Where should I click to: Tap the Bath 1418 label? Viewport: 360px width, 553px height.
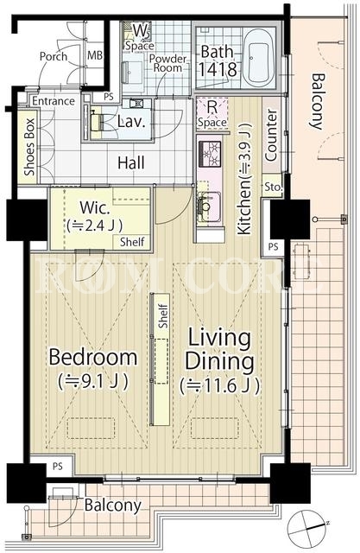pyautogui.click(x=218, y=61)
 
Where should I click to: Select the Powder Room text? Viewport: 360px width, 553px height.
pyautogui.click(x=167, y=63)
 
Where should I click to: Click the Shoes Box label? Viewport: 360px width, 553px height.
pyautogui.click(x=29, y=147)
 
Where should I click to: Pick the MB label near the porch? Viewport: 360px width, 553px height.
pyautogui.click(x=95, y=55)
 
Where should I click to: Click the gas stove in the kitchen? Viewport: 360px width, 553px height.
pyautogui.click(x=211, y=154)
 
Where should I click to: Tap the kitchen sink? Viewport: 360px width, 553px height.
pyautogui.click(x=209, y=207)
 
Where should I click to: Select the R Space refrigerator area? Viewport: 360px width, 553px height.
pyautogui.click(x=212, y=113)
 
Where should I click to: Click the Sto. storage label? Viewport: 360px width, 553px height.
pyautogui.click(x=274, y=187)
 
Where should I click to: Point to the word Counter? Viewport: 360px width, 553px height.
pyautogui.click(x=271, y=136)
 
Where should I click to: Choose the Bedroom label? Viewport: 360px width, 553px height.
pyautogui.click(x=93, y=357)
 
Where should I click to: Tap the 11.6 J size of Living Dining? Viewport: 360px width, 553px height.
pyautogui.click(x=220, y=385)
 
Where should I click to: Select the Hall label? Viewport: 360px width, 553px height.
pyautogui.click(x=131, y=163)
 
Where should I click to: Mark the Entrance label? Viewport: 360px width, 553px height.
pyautogui.click(x=54, y=101)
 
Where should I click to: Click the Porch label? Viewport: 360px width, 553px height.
pyautogui.click(x=54, y=56)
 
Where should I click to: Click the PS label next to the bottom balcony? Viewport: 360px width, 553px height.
pyautogui.click(x=58, y=467)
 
